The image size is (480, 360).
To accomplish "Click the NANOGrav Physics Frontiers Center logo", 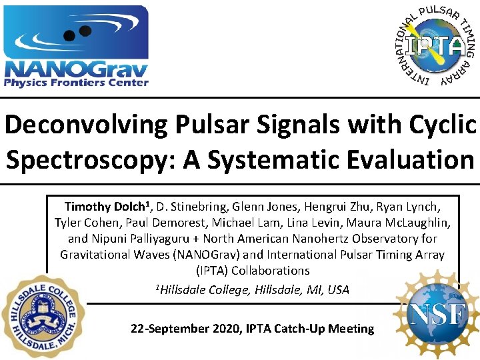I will click(76, 46).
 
